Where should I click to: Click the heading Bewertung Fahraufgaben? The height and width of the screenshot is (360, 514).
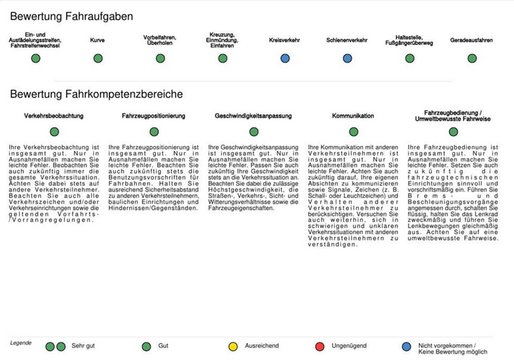coord(72,15)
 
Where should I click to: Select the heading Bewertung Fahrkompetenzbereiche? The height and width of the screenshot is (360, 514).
coord(96,93)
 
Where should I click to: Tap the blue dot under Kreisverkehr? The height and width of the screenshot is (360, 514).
coord(285,58)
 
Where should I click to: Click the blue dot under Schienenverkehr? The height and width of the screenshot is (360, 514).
coord(347,58)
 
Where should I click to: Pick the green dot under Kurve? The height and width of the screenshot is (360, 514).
coord(97,58)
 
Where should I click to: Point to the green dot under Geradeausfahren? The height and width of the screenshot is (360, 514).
coord(471,58)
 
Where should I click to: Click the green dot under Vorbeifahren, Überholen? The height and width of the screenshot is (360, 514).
coord(159,58)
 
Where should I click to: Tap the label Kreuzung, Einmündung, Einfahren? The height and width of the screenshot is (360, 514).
coord(222,40)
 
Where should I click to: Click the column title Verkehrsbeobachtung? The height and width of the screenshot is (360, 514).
coord(54,115)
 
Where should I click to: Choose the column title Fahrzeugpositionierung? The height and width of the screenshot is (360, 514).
coord(154,115)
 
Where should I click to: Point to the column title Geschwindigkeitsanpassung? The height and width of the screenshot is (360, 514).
coord(253,115)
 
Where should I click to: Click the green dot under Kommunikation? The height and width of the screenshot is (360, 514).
coord(352,131)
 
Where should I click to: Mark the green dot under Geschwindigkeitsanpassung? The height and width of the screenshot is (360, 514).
coord(253,131)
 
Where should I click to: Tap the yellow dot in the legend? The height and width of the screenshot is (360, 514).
coord(233,347)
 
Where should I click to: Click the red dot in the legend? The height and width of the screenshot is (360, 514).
coord(319,347)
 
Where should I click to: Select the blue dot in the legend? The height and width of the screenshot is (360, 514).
coord(406,347)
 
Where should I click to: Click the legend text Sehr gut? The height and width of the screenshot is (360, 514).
coord(83,347)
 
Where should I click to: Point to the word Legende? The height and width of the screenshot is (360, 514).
coord(20,342)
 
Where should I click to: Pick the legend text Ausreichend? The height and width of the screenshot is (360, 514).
coord(261,347)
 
